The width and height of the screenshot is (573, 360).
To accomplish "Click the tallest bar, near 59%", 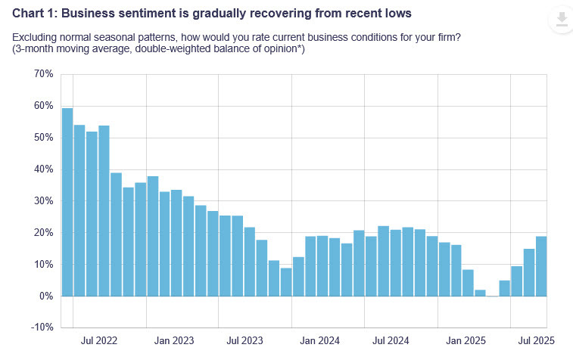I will (67, 202).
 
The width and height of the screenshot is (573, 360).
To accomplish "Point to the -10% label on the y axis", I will (42, 327).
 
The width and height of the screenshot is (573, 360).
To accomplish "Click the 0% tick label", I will (45, 296).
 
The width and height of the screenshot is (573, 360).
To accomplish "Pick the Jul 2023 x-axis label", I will (244, 342).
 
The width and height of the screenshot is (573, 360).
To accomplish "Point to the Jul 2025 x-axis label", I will (536, 342).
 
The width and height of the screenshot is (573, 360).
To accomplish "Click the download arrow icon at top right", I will (561, 20).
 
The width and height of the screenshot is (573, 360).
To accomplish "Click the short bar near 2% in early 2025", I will (480, 293).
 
